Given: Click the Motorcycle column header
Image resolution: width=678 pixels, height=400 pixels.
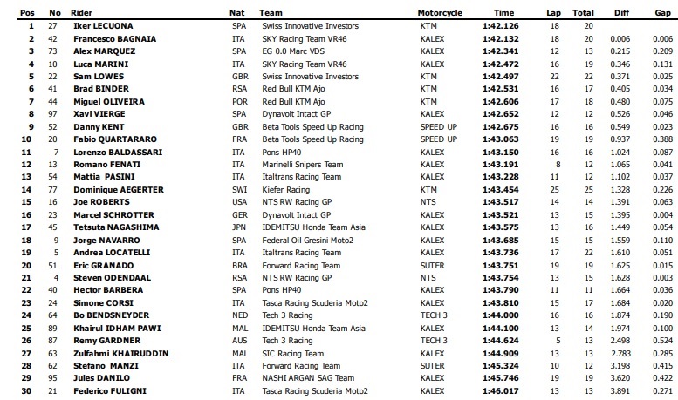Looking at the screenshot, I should point(441,13).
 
